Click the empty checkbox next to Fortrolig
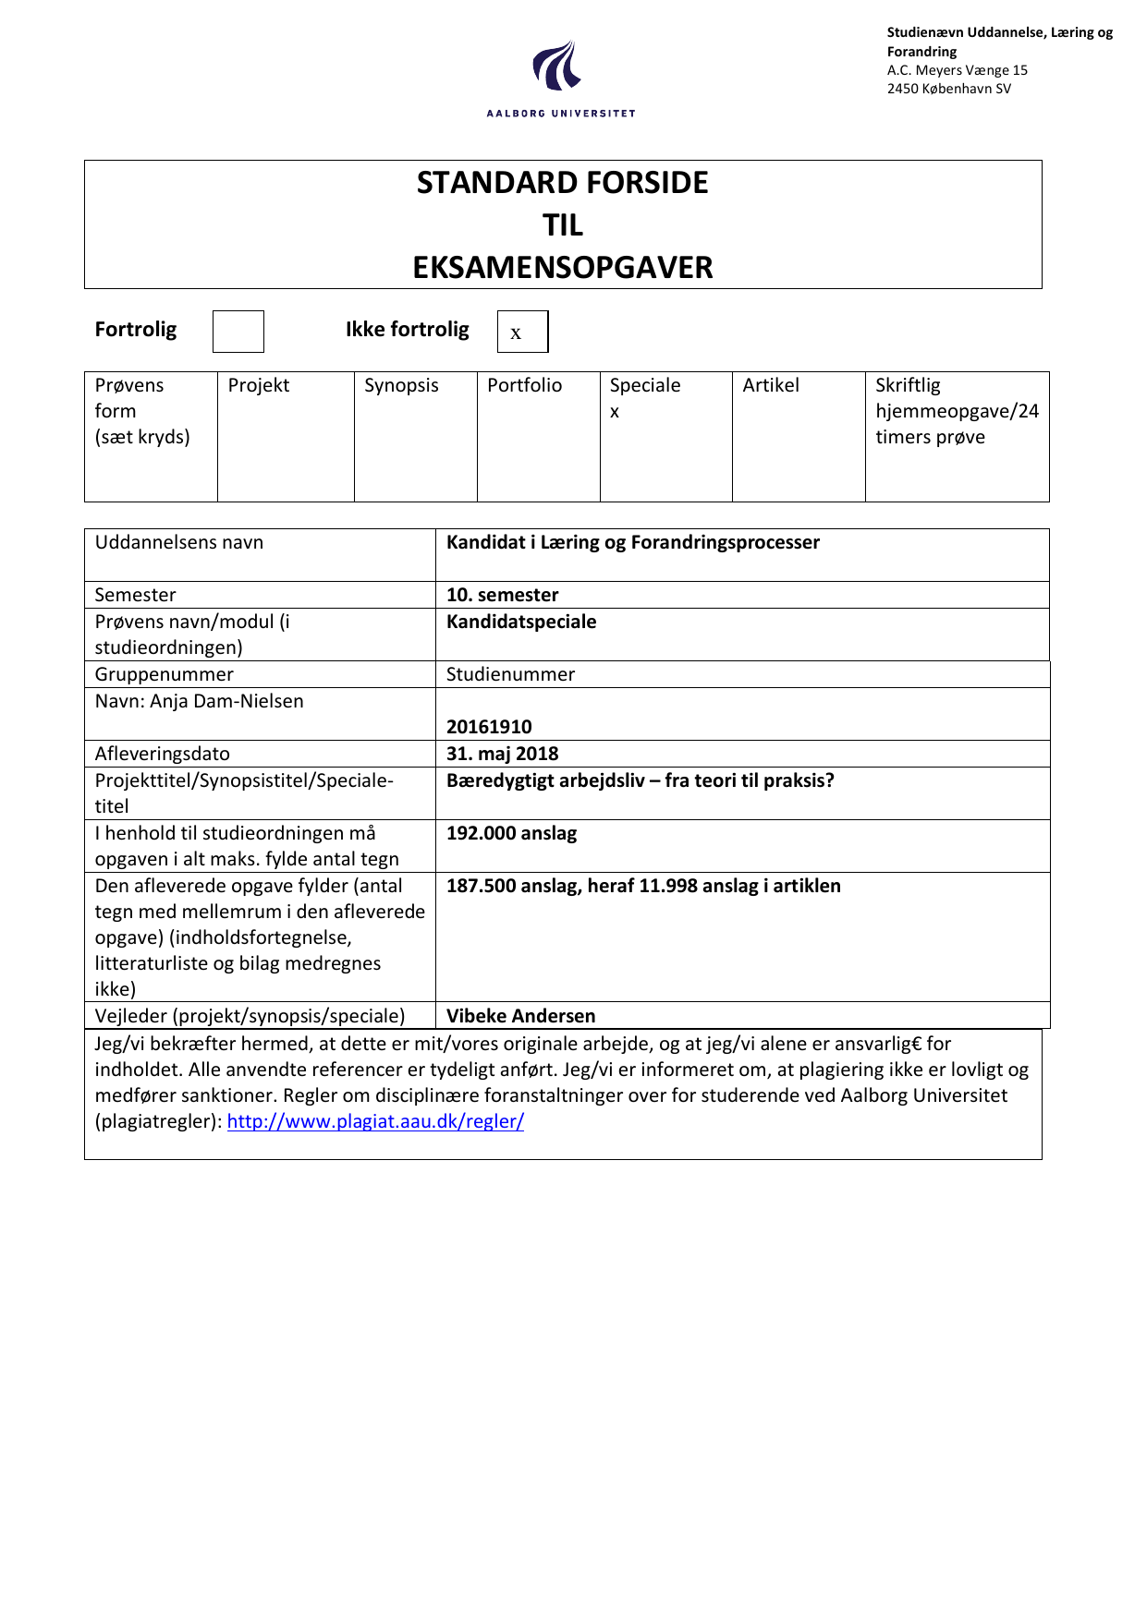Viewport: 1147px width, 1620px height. coord(238,332)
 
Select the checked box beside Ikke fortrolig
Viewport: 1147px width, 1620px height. coord(522,332)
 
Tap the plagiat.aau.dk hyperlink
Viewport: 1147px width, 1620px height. coord(375,1121)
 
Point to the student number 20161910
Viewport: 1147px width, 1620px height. coord(489,727)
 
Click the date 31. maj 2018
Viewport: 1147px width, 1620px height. coord(502,754)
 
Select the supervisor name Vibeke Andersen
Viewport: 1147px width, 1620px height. coord(520,1016)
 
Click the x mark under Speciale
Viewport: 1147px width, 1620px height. coord(615,412)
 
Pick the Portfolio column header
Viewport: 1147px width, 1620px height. coord(524,385)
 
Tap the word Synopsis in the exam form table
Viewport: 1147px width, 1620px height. coord(401,385)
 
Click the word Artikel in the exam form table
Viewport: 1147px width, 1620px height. coord(771,385)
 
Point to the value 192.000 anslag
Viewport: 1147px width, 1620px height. coord(511,833)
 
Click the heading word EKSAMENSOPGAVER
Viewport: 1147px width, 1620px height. coord(562,268)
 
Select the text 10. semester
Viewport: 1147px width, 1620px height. coord(502,595)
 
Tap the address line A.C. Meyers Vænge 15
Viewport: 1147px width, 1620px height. coord(957,70)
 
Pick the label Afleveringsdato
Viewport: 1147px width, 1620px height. coord(162,754)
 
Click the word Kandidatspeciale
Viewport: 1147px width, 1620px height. coord(521,622)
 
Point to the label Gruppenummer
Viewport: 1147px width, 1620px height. coord(164,674)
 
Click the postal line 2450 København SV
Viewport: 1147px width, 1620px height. coord(948,89)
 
